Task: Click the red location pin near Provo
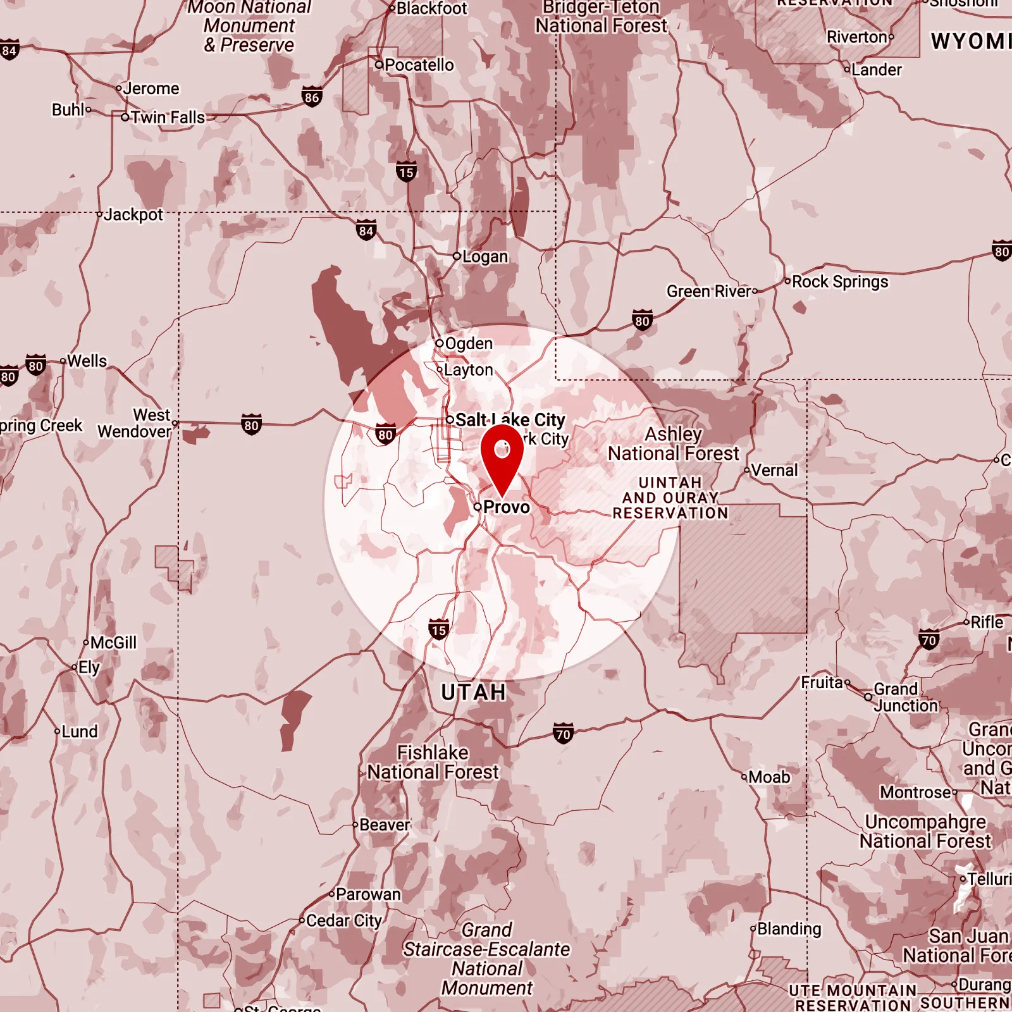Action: click(x=502, y=457)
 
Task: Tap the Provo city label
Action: click(x=506, y=507)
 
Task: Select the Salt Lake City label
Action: click(x=510, y=420)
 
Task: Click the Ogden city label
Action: click(x=468, y=343)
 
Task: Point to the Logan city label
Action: click(x=484, y=257)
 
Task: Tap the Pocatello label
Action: click(x=419, y=65)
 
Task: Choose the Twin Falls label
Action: click(x=168, y=118)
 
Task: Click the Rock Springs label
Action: click(x=839, y=281)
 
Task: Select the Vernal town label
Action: click(x=774, y=471)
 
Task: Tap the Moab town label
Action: click(x=768, y=777)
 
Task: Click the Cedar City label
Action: click(x=343, y=921)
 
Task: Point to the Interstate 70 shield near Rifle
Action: click(x=929, y=640)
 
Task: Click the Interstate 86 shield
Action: click(x=312, y=97)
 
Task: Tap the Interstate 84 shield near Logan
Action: click(x=366, y=231)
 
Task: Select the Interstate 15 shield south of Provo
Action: click(x=438, y=629)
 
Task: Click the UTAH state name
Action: click(x=474, y=693)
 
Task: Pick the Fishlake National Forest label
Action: click(x=433, y=762)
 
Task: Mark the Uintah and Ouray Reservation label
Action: click(x=670, y=498)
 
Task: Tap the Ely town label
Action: click(x=89, y=668)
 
